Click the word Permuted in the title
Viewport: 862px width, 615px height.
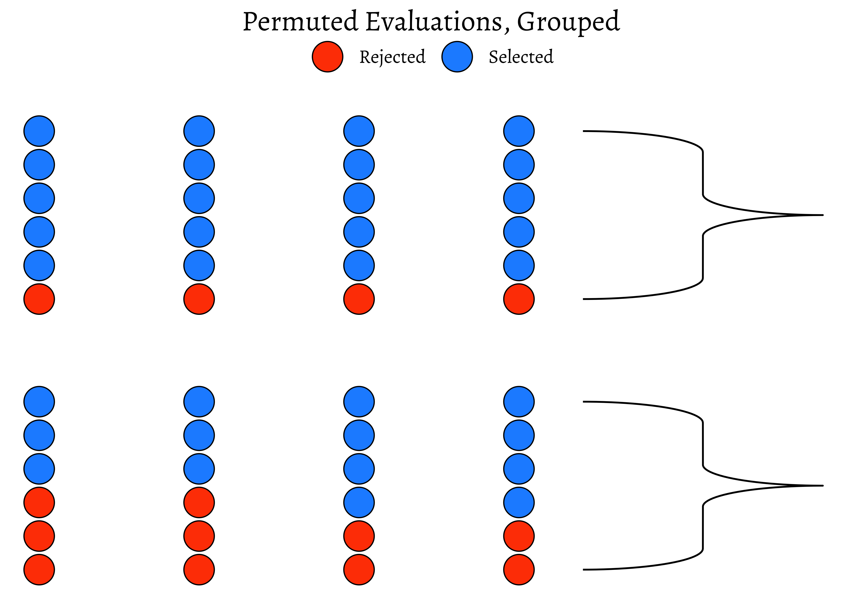click(300, 22)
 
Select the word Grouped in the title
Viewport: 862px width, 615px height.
click(568, 22)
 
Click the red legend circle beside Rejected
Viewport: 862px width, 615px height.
click(328, 57)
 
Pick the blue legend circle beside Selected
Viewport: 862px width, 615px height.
click(457, 57)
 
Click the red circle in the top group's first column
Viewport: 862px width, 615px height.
click(39, 299)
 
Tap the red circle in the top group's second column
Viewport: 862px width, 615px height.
click(199, 299)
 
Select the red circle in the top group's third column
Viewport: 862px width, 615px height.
click(359, 299)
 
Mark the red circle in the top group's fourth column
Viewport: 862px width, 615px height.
click(519, 299)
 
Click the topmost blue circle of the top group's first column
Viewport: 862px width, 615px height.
click(39, 131)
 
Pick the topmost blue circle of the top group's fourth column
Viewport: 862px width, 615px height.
click(519, 131)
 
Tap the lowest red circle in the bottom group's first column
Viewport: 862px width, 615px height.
click(39, 569)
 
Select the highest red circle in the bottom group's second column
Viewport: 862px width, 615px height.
click(199, 502)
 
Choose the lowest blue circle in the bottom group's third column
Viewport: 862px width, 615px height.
click(359, 502)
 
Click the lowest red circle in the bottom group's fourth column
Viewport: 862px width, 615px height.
click(519, 569)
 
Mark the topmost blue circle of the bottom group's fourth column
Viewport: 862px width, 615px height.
click(519, 402)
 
